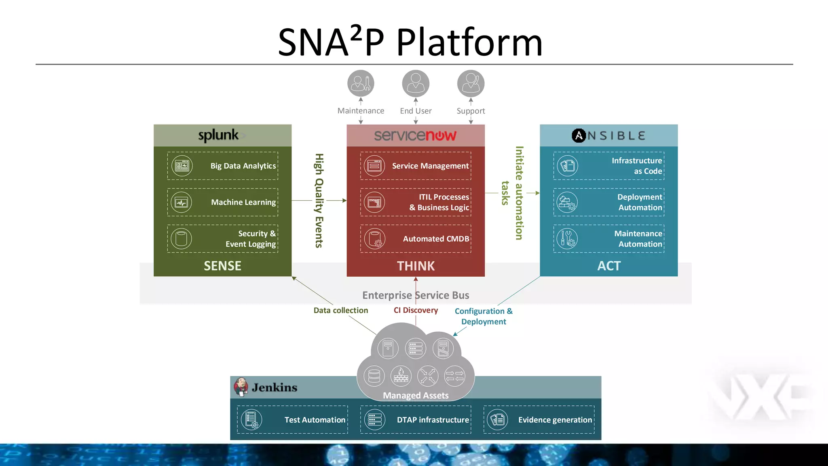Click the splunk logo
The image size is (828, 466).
[219, 135]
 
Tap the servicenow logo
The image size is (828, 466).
[415, 136]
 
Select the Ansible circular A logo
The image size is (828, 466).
[579, 136]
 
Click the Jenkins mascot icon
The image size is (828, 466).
[241, 387]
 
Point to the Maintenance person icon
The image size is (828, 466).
[361, 83]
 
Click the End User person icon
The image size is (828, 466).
[416, 83]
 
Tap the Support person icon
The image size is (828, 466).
[471, 83]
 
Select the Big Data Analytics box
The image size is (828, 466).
[223, 166]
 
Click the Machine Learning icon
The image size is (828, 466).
[182, 202]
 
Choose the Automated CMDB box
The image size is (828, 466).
[416, 239]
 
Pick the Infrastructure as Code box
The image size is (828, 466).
[609, 166]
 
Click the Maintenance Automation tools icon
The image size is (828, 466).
[567, 239]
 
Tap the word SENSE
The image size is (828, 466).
[222, 266]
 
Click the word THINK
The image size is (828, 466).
[416, 266]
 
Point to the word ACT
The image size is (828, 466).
[609, 266]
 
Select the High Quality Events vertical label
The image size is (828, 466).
[319, 200]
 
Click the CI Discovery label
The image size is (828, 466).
[416, 310]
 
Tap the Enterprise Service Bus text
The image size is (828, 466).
[416, 295]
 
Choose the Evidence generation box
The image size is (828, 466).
[539, 420]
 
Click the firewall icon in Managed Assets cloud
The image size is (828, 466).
[401, 375]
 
